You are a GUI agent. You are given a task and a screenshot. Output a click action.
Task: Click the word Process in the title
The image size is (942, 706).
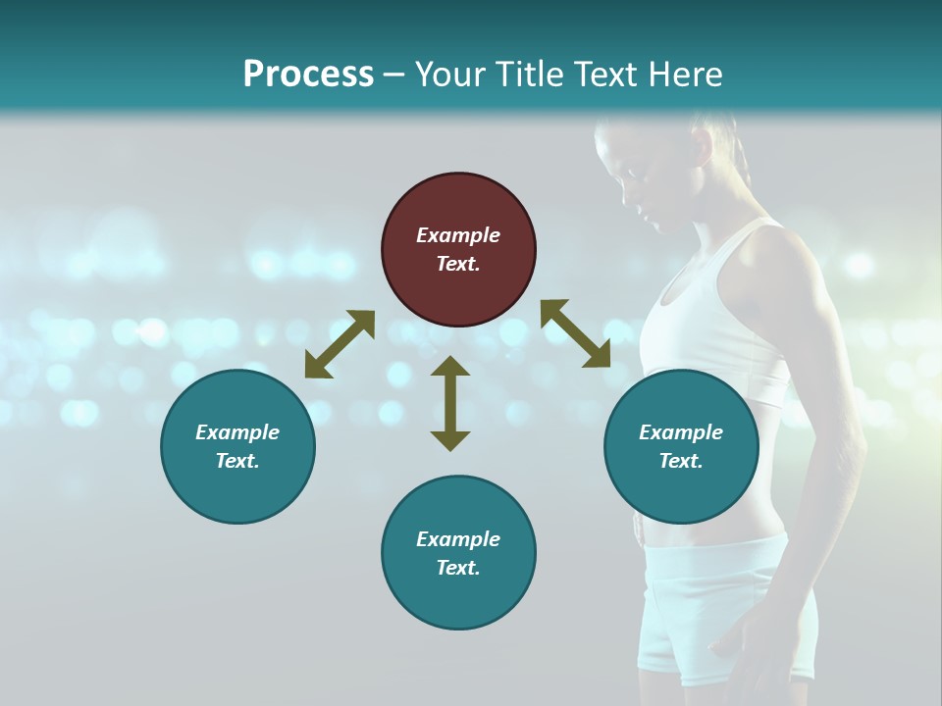[308, 75]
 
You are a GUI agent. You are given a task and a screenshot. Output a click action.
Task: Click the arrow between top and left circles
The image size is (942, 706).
[340, 344]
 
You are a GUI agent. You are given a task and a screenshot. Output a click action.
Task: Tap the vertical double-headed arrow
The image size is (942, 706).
[450, 402]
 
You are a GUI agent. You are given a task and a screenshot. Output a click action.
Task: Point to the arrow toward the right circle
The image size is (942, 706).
[576, 333]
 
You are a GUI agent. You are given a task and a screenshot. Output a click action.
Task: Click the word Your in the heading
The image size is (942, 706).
[449, 75]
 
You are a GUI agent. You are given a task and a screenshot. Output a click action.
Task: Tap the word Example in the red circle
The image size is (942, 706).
[458, 235]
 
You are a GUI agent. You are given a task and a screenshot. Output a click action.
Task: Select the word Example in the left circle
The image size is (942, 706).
[237, 432]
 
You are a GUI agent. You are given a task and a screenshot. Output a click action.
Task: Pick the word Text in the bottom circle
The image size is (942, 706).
[458, 568]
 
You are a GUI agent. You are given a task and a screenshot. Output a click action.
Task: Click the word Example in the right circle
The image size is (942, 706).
[681, 432]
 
